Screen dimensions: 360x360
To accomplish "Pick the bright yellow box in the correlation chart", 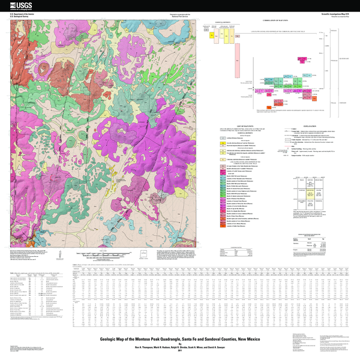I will point(212,35).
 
